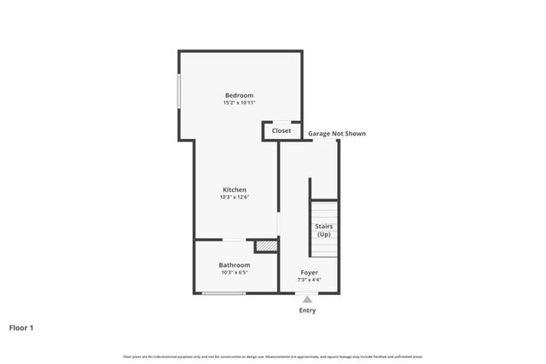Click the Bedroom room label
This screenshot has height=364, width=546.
coord(240,95)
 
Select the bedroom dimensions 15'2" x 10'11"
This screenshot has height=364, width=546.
coord(240,103)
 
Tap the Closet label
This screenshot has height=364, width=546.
coord(282,131)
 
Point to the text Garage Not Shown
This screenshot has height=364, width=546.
coord(337,134)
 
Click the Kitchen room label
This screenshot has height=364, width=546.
coord(235,189)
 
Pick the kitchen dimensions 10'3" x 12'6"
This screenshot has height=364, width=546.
coord(235,198)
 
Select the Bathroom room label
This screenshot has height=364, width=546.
coord(235,265)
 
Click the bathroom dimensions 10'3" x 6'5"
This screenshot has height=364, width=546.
coord(235,274)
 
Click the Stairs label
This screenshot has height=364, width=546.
coord(324,226)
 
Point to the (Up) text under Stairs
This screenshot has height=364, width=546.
coord(324,234)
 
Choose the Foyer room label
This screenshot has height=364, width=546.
coord(309,273)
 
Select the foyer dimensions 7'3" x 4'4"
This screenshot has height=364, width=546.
coord(309,280)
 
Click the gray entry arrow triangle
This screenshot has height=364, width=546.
coord(308,298)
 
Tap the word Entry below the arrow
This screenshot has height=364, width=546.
coord(307,310)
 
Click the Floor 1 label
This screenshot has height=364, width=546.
coord(21,327)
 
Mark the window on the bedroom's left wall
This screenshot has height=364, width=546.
coord(179,92)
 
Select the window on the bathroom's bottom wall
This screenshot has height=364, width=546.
coord(224,293)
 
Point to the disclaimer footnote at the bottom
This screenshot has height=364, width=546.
coord(273,356)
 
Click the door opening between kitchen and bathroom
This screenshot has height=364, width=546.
coord(235,240)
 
